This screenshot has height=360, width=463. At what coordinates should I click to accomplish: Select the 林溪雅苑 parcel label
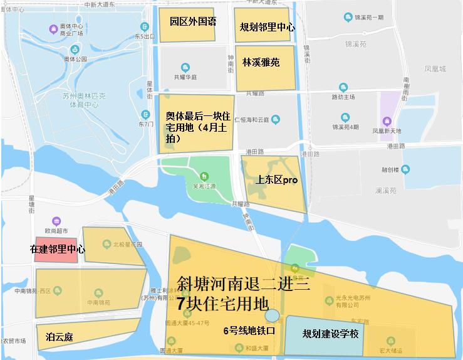(261, 63)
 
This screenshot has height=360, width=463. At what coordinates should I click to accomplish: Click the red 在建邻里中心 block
(57, 250)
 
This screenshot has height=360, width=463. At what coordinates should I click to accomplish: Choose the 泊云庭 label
(60, 337)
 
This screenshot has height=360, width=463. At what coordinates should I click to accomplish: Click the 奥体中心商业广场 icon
(53, 29)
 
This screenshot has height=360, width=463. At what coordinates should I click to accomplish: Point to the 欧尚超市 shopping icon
(57, 221)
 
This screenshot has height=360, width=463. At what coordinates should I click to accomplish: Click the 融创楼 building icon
(405, 169)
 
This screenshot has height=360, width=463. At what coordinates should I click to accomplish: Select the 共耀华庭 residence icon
(185, 67)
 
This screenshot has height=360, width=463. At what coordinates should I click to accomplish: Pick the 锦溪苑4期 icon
(345, 117)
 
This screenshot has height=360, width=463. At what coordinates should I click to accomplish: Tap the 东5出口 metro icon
(145, 27)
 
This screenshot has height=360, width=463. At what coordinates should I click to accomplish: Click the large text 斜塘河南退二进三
(243, 283)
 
